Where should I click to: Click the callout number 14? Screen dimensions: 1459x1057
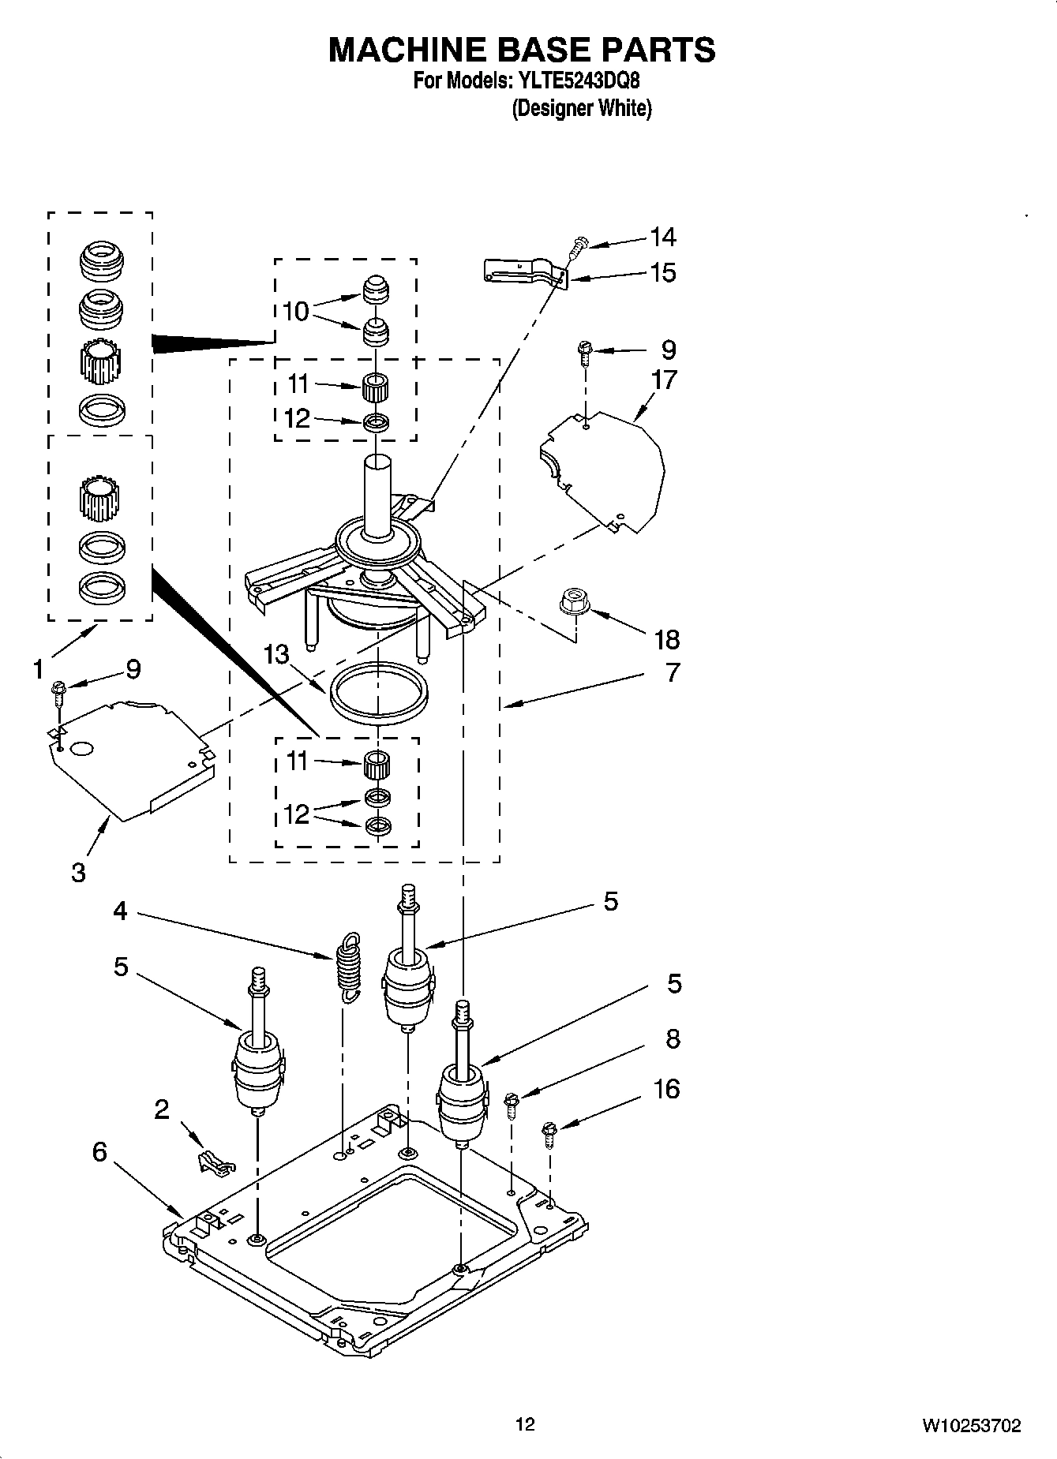pos(662,236)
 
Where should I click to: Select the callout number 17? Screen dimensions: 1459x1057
pos(664,380)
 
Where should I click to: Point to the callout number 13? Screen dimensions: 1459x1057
pos(276,653)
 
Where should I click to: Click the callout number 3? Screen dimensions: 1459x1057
pos(78,872)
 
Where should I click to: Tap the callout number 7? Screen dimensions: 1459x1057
pos(672,672)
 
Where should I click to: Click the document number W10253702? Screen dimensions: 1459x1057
pos(970,1425)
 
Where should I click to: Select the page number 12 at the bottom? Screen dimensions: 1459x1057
pos(525,1424)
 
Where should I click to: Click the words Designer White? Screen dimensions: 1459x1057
pos(582,108)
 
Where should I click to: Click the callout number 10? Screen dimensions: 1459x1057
pos(295,311)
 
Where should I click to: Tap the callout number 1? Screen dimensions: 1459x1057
pos(38,669)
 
